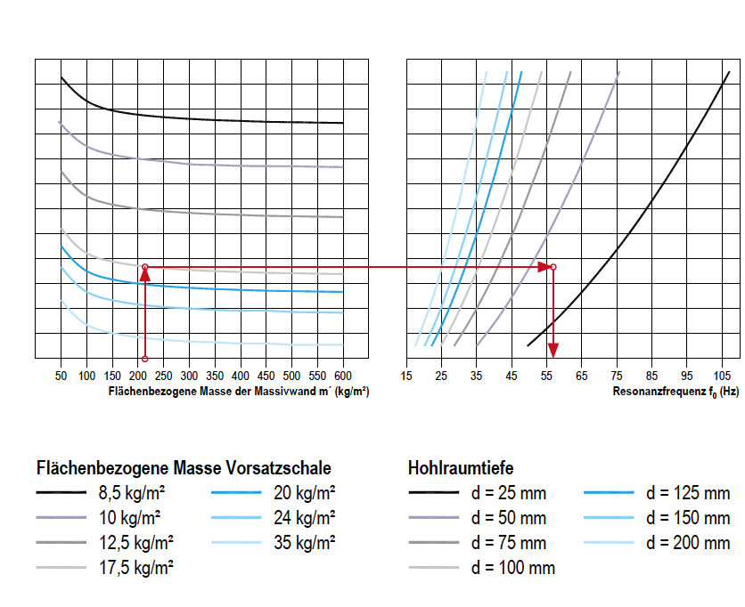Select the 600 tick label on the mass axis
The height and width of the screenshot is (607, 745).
point(343,376)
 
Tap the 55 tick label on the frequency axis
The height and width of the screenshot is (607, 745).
point(546,376)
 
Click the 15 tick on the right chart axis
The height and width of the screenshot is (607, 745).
point(406,376)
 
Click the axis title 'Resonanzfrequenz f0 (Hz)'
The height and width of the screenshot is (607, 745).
point(675,392)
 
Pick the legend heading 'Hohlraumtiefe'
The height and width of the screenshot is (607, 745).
point(461,468)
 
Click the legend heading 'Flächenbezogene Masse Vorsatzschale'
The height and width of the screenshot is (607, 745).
point(184,468)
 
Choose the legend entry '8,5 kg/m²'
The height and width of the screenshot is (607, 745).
point(131,492)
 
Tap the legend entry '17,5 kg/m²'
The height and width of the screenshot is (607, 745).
point(135,568)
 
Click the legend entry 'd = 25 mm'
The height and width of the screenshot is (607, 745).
point(508,493)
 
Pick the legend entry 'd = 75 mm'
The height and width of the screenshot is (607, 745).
point(508,543)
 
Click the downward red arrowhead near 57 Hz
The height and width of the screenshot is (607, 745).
point(553,350)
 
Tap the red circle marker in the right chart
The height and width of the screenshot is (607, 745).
point(553,267)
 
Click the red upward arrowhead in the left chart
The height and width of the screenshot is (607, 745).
point(144,277)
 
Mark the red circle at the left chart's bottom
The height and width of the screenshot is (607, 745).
point(144,360)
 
